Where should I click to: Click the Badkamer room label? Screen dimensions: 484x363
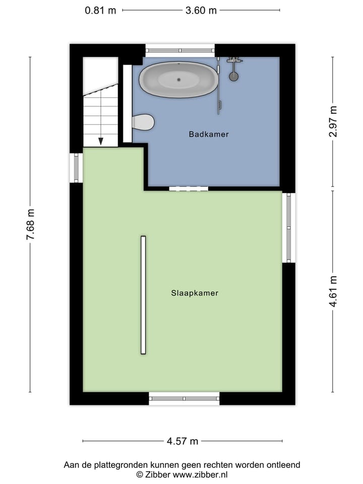209,134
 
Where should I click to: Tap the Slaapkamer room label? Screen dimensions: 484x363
195,292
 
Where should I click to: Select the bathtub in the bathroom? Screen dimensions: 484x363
179,80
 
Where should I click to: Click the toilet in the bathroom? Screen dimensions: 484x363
143,122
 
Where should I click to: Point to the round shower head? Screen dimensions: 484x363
234,77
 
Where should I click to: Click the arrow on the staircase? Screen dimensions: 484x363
101,141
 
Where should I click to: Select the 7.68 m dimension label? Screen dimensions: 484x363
30,224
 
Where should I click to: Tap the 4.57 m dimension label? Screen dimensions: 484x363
183,441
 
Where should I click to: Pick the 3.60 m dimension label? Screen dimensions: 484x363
201,10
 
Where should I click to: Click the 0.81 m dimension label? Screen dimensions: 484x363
101,10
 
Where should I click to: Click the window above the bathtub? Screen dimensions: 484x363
180,50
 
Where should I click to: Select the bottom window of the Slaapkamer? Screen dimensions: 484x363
184,398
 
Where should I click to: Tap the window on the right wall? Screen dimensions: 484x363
288,227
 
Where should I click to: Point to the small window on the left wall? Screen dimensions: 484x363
76,168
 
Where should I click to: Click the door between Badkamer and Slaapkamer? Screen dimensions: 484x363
189,189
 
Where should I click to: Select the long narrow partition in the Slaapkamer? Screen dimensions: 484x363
143,295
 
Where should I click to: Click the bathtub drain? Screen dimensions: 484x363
179,79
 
